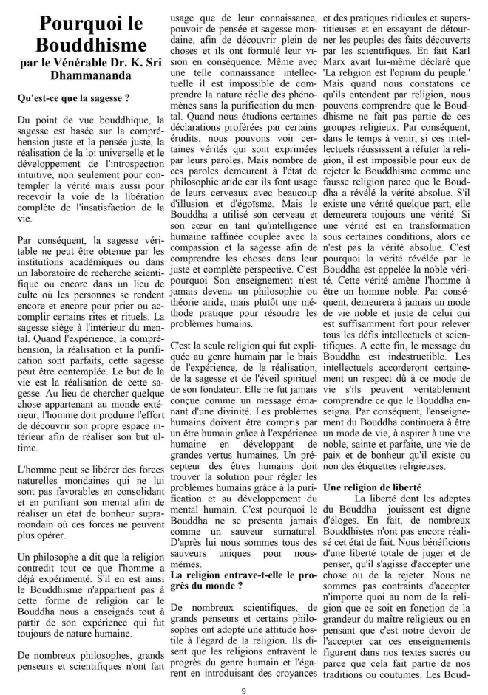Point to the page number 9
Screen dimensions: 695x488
click(x=243, y=671)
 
